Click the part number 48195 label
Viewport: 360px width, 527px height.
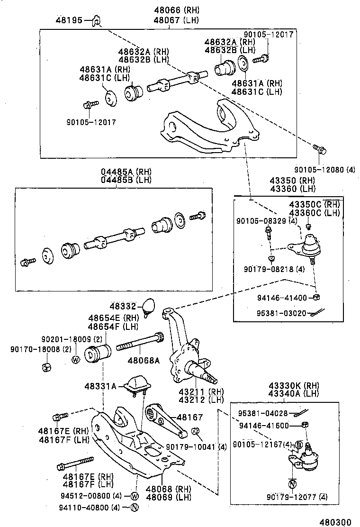click(69, 20)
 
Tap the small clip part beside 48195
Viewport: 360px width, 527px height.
click(96, 21)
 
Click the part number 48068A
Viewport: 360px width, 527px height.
click(143, 361)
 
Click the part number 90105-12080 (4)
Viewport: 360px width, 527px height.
click(324, 170)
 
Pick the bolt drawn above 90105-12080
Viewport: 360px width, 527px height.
click(319, 150)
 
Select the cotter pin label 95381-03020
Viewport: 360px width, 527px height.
click(278, 313)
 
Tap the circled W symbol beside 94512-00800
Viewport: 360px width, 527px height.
click(134, 496)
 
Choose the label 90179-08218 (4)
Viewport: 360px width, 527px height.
click(275, 269)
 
